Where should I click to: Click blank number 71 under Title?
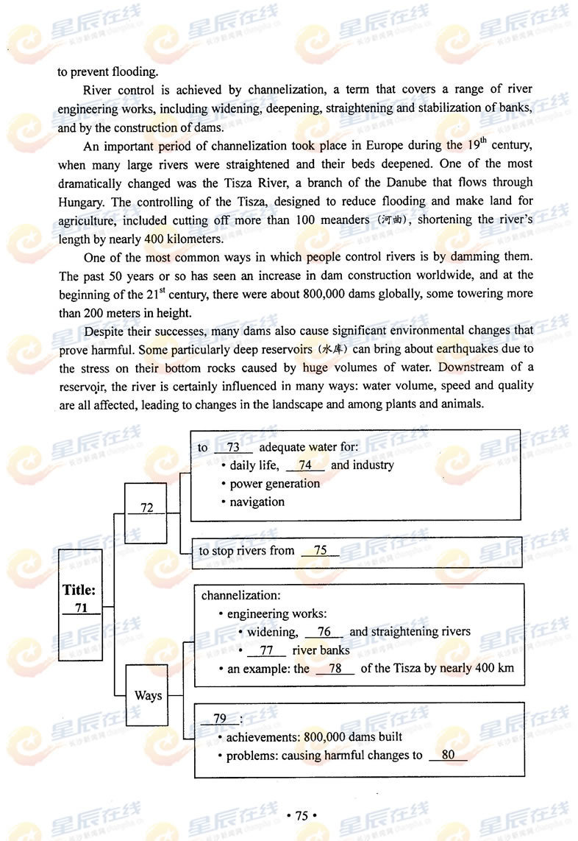(x=81, y=608)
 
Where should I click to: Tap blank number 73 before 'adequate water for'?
(x=234, y=448)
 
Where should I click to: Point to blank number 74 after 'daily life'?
(x=305, y=465)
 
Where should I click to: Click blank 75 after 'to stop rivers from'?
(x=320, y=551)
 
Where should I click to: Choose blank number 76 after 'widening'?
(x=324, y=632)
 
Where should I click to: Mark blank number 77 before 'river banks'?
(x=267, y=650)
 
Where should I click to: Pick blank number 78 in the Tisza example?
(x=335, y=669)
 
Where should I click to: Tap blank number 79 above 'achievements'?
(x=220, y=719)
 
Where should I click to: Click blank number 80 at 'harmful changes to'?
(x=449, y=755)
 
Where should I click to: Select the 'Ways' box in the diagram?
(x=148, y=695)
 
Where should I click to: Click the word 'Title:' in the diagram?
(x=79, y=590)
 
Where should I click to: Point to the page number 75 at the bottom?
(x=301, y=815)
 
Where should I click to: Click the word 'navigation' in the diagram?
(x=257, y=502)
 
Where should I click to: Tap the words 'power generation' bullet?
(x=274, y=484)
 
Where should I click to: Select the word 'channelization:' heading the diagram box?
(x=240, y=595)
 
